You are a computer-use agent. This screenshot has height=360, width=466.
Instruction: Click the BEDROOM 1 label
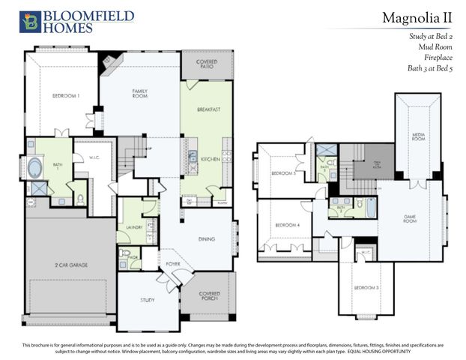coord(65,96)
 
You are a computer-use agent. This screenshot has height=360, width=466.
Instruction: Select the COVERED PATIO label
coord(206,64)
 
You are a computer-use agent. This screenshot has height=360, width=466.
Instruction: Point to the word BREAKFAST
coord(208,109)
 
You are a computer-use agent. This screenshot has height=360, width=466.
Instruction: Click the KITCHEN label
coord(209,159)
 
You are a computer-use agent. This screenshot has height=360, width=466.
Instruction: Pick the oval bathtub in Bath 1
coord(34,166)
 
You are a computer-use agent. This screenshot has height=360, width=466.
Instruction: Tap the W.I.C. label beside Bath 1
coord(85,157)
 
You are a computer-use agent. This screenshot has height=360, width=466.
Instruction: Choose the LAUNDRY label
coord(135,226)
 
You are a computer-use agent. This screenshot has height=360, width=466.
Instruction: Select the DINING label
coord(207,239)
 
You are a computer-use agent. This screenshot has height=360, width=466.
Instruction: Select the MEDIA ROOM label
coord(417,137)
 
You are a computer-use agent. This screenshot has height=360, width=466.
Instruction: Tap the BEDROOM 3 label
coord(365,288)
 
